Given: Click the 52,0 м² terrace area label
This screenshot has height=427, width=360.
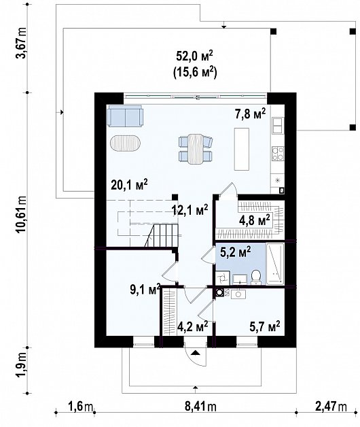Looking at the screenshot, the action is pos(194,57).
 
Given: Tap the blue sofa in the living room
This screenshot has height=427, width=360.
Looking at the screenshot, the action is pos(125,116).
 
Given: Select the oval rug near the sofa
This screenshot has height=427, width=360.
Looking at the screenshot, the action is pos(126,143).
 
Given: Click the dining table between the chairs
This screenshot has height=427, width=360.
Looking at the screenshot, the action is pos(196,149).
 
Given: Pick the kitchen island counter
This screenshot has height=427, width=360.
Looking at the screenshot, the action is pos(242,149).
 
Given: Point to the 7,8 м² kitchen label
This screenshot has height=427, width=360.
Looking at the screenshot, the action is pos(250,114).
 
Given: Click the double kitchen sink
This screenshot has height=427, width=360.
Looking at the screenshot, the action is pos(278,126).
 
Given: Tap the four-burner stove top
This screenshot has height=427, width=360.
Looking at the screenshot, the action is pos(278,154).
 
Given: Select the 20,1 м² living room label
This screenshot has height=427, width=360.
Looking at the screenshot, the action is pos(129,185).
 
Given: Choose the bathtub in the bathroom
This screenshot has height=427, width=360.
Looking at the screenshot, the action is pos(275,264).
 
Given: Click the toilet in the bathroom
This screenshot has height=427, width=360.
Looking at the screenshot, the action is pos(256,277).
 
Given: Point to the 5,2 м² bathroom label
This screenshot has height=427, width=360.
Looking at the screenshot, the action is pos(236,252).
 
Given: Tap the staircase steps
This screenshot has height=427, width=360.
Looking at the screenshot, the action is pos(162,235).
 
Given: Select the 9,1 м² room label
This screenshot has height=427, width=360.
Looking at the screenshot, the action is pos(145,290).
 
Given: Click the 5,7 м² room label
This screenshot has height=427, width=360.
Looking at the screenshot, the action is pos(265,326).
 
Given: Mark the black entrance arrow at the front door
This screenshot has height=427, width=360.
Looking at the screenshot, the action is pos(195,353).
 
